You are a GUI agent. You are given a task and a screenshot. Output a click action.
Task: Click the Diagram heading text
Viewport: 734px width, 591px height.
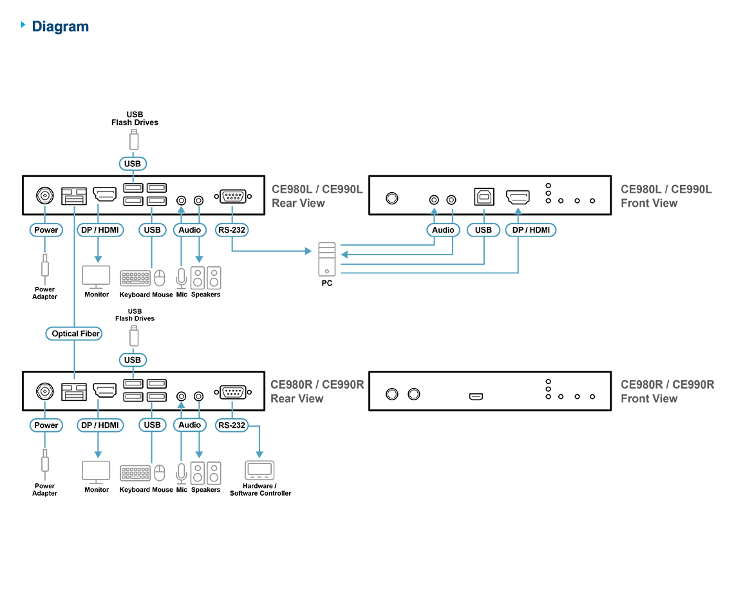click(61, 26)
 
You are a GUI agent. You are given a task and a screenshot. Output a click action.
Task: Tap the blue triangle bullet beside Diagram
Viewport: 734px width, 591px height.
click(24, 25)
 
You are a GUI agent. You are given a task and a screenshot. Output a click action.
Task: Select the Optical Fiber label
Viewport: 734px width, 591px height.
click(75, 334)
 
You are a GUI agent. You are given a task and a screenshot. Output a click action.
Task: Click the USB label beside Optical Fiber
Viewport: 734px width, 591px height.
click(133, 360)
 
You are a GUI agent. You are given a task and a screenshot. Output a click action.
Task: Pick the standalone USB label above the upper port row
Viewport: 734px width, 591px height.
click(133, 164)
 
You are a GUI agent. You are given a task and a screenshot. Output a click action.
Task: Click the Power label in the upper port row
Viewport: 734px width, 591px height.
click(46, 230)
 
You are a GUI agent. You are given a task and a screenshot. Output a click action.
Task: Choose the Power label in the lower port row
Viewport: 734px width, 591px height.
click(46, 425)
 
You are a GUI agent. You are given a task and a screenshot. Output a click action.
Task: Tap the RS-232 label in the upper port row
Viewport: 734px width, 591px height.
click(232, 230)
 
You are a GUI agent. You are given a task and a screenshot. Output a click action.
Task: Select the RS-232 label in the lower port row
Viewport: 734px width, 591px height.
click(232, 425)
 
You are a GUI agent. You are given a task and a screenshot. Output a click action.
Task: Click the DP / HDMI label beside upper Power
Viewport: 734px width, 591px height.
click(100, 230)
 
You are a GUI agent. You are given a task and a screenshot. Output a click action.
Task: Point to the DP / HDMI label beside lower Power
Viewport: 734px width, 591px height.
click(100, 425)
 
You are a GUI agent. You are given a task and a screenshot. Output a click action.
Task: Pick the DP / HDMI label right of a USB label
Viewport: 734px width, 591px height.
click(531, 230)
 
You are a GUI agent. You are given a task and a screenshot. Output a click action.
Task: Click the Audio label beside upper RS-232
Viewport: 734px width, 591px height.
click(190, 230)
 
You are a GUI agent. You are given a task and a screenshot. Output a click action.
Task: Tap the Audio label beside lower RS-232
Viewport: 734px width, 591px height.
click(190, 425)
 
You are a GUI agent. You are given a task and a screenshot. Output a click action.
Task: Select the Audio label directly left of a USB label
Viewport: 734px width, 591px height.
click(443, 230)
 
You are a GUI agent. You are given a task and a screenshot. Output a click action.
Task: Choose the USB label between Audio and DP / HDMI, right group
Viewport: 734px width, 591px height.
click(484, 230)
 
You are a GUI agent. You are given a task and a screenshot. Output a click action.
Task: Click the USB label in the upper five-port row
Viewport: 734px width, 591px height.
click(153, 230)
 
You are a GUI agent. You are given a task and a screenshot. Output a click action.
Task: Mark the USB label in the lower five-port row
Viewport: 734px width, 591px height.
click(153, 425)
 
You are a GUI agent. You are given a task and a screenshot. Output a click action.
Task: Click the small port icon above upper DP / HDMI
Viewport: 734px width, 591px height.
click(74, 199)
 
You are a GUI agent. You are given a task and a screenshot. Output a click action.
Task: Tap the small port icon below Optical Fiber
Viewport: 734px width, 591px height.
click(74, 394)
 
